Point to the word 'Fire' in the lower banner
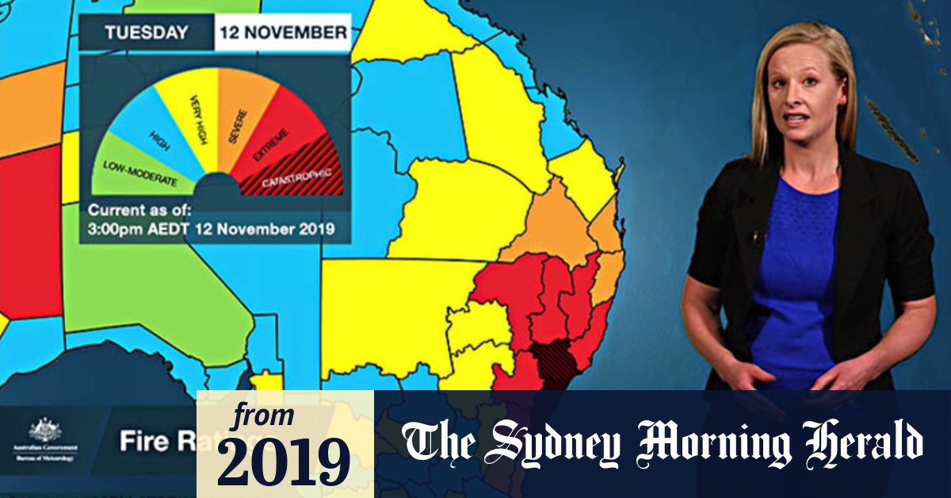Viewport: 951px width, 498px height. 143,442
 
